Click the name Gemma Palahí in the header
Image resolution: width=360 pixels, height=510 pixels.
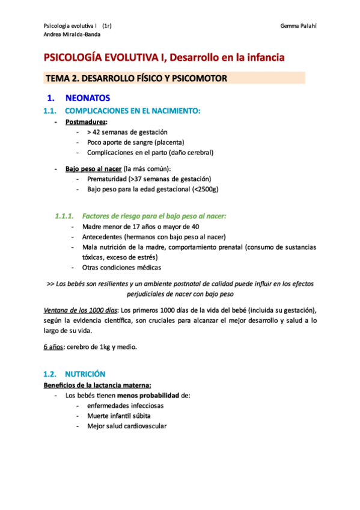pos(298,26)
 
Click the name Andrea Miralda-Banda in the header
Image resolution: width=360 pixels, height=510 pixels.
pos(72,34)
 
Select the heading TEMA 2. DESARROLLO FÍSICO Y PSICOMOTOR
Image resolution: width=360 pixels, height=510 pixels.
pos(136,79)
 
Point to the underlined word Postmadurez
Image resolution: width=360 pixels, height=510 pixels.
pos(82,121)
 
